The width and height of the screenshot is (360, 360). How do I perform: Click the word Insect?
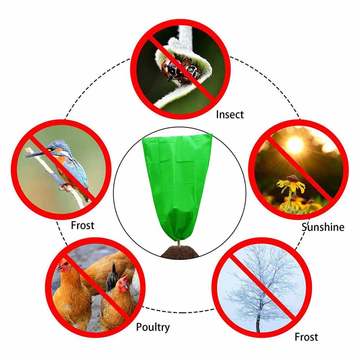pos(230,114)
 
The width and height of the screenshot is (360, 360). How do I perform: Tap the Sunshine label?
pos(323,227)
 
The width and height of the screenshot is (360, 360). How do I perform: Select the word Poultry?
pos(153,327)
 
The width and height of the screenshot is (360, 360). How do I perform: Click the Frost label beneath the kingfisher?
pos(82,225)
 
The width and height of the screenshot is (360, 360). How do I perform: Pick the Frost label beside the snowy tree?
pos(306,337)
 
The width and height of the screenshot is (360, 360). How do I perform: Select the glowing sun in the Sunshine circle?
pos(295,145)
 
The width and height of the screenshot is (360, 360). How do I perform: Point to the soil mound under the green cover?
pos(180,252)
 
